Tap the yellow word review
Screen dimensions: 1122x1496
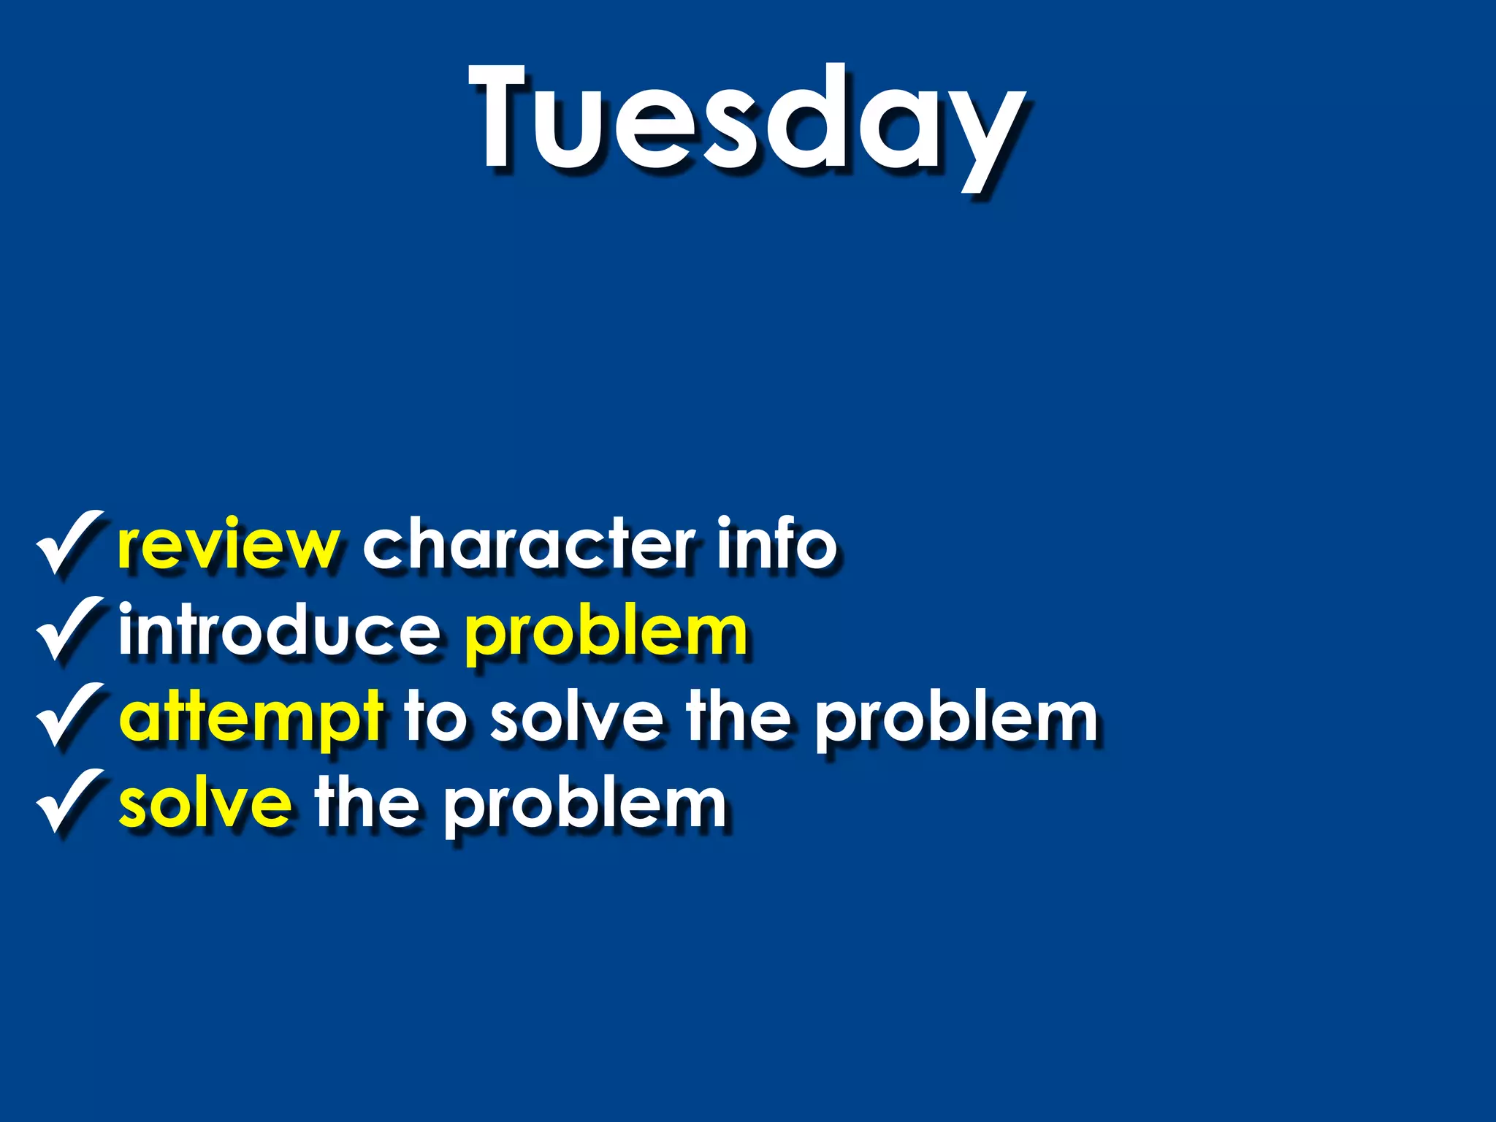pos(228,545)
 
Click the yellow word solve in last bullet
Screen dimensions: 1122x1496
pos(205,804)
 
